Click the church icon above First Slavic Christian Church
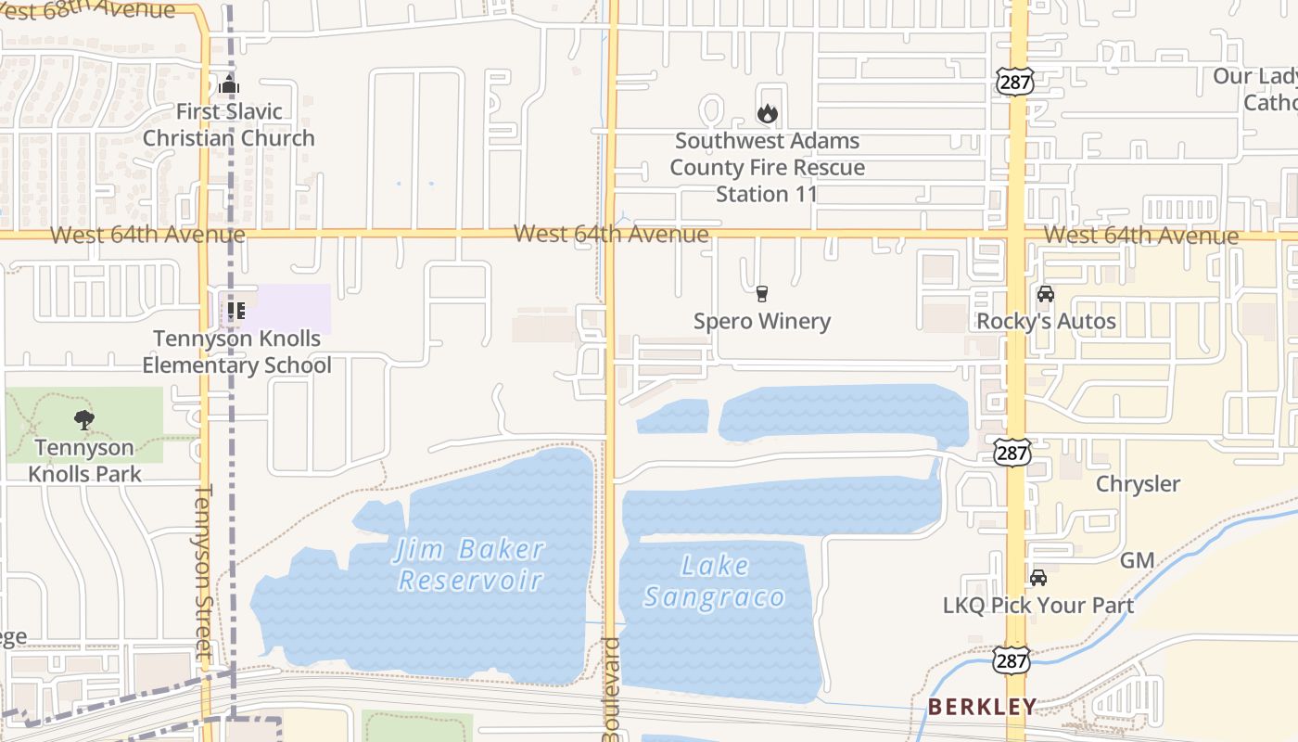coord(229,85)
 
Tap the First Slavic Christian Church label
coord(229,125)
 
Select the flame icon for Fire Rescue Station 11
coord(767,114)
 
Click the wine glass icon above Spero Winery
coord(762,294)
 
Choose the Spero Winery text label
coord(762,321)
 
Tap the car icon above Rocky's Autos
coord(1046,294)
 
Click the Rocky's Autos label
coord(1046,321)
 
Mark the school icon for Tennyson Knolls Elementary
coord(235,311)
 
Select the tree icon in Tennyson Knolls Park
coord(84,420)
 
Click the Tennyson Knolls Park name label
coord(84,461)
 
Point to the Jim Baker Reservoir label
coord(470,564)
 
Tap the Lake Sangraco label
coord(715,581)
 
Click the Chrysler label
coord(1138,484)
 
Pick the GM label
coord(1137,560)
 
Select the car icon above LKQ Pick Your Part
coord(1038,578)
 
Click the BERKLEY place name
coord(982,707)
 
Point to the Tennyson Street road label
coord(204,571)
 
